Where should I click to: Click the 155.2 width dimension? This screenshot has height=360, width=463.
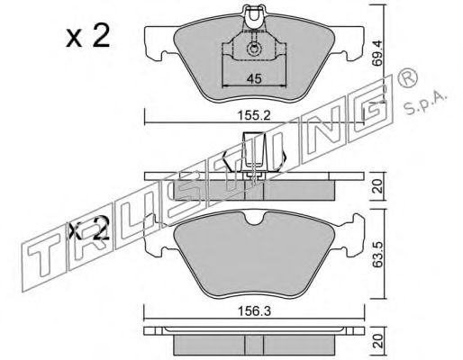254,115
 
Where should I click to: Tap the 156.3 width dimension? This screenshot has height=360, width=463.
254,311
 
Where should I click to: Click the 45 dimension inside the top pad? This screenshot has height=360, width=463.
254,79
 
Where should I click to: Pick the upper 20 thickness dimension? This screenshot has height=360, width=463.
378,186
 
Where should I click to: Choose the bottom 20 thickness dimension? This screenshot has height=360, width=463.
378,340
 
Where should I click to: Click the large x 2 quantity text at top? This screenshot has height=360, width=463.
88,36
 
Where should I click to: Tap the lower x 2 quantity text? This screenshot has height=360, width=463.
88,228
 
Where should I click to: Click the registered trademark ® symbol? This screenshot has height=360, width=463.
407,77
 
